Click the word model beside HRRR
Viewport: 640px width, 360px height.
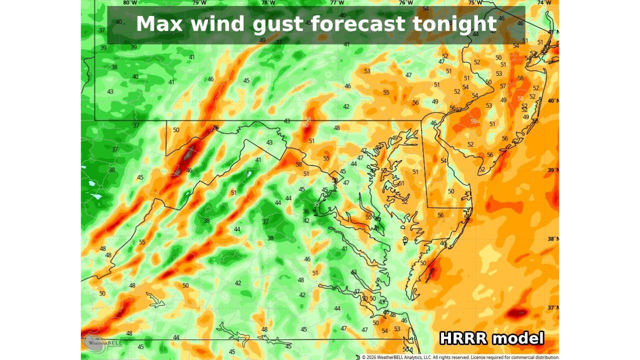[x=518, y=338]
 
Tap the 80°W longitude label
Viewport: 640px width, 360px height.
[x=130, y=2]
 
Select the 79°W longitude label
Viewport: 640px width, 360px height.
[x=199, y=2]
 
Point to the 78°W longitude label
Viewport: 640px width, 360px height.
[x=268, y=2]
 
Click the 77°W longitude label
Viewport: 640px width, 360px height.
[x=337, y=2]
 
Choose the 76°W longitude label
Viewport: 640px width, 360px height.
[x=406, y=2]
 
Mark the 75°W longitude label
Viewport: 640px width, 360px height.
[x=475, y=2]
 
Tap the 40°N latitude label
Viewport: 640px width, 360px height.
[x=553, y=101]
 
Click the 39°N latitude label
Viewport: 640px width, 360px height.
[x=553, y=170]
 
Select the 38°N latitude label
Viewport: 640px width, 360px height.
[x=553, y=239]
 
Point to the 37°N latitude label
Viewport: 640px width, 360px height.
[x=553, y=307]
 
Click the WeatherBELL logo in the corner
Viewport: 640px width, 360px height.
[x=95, y=343]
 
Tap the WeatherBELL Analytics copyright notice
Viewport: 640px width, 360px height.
[x=460, y=357]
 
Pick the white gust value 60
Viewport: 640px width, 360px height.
[x=305, y=124]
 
